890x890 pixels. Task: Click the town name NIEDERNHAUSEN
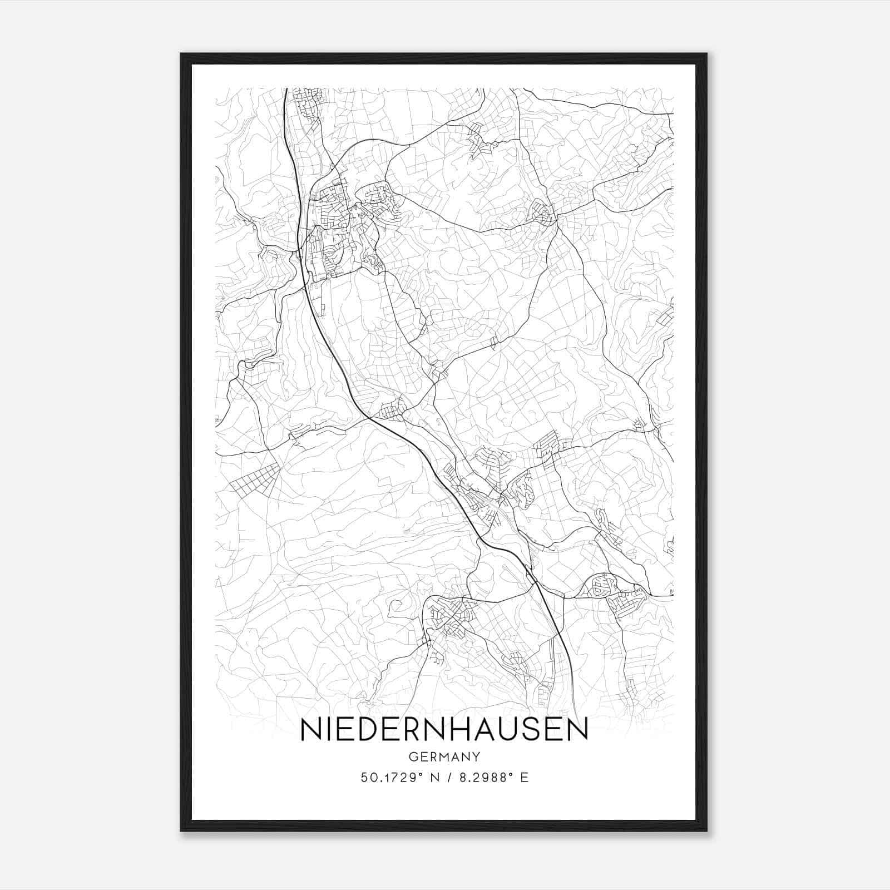[444, 729]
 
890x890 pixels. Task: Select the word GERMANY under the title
[444, 756]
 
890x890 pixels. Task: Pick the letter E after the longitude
[524, 778]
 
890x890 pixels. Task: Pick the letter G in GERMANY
[412, 756]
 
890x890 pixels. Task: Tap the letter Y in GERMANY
[477, 756]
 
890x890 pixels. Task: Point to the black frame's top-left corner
[182, 55]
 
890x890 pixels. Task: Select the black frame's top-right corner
[706, 55]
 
